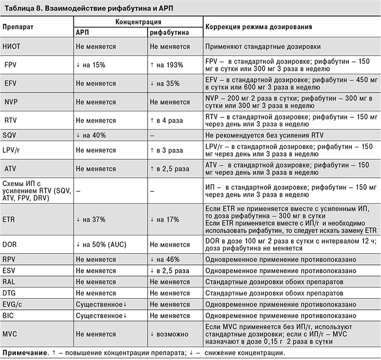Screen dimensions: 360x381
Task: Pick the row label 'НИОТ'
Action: pyautogui.click(x=13, y=47)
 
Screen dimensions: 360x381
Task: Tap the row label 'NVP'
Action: pyautogui.click(x=12, y=101)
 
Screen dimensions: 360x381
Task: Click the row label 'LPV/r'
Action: pyautogui.click(x=13, y=151)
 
